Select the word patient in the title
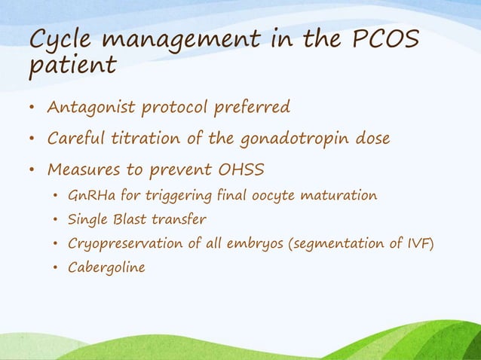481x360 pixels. click(x=72, y=67)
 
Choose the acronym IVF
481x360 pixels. click(x=418, y=243)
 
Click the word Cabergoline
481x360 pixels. click(x=106, y=266)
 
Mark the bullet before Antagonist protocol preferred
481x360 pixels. click(x=31, y=108)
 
